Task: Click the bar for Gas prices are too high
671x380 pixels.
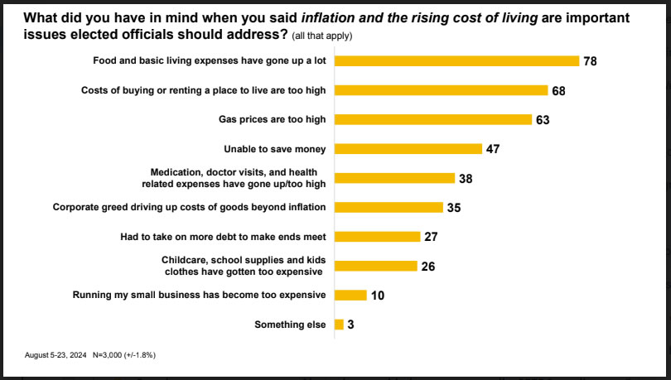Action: pyautogui.click(x=432, y=119)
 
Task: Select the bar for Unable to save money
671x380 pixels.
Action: pyautogui.click(x=408, y=149)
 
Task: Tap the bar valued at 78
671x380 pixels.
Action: pyautogui.click(x=456, y=60)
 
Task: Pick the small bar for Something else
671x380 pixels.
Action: pyautogui.click(x=338, y=325)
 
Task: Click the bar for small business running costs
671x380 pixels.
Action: pyautogui.click(x=350, y=295)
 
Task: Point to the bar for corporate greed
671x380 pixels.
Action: pyautogui.click(x=389, y=207)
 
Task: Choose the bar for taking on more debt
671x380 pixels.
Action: pyautogui.click(x=377, y=237)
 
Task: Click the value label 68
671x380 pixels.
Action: pyautogui.click(x=558, y=90)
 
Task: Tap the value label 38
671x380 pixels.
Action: pyautogui.click(x=465, y=178)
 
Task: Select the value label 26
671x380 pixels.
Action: pyautogui.click(x=427, y=266)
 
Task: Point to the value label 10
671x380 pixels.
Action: pyautogui.click(x=377, y=296)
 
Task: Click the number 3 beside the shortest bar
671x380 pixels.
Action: pyautogui.click(x=351, y=325)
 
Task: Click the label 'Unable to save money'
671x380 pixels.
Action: pyautogui.click(x=275, y=149)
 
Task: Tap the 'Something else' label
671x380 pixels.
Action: pyautogui.click(x=291, y=325)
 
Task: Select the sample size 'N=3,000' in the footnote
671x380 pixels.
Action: pyautogui.click(x=112, y=354)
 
